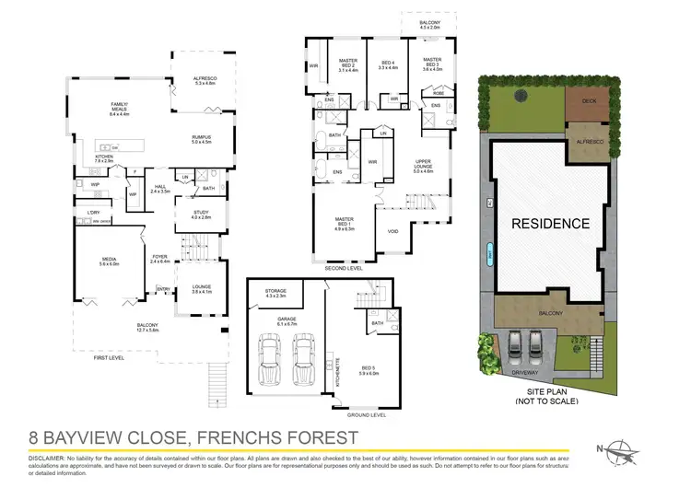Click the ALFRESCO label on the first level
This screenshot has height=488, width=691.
click(203, 80)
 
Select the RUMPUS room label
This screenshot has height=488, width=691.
click(202, 138)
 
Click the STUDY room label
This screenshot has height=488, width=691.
click(201, 215)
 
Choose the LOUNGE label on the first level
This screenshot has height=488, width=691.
click(201, 287)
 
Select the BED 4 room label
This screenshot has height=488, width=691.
click(388, 62)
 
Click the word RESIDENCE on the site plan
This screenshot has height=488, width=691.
click(551, 223)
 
